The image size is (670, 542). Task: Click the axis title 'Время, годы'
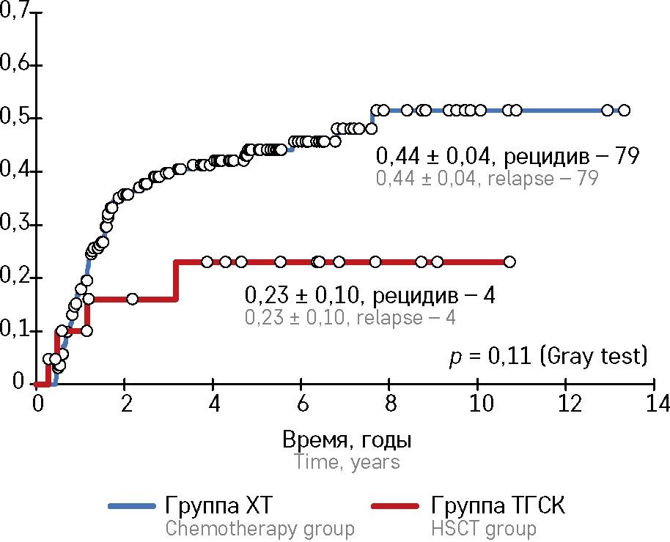(x=347, y=441)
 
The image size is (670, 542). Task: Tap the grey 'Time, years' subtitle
(x=347, y=462)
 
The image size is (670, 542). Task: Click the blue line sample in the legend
(x=132, y=506)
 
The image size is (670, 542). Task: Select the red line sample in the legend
(x=397, y=506)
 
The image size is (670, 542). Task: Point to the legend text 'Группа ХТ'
(x=219, y=506)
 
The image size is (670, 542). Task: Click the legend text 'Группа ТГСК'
(x=499, y=506)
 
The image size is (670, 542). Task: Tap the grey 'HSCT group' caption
(x=483, y=528)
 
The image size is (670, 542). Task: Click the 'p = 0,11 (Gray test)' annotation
(x=548, y=357)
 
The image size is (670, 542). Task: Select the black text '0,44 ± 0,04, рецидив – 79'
(x=509, y=156)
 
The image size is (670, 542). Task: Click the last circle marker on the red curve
(x=509, y=261)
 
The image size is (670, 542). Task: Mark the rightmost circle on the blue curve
(x=624, y=111)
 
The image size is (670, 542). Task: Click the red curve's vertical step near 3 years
(x=175, y=281)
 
